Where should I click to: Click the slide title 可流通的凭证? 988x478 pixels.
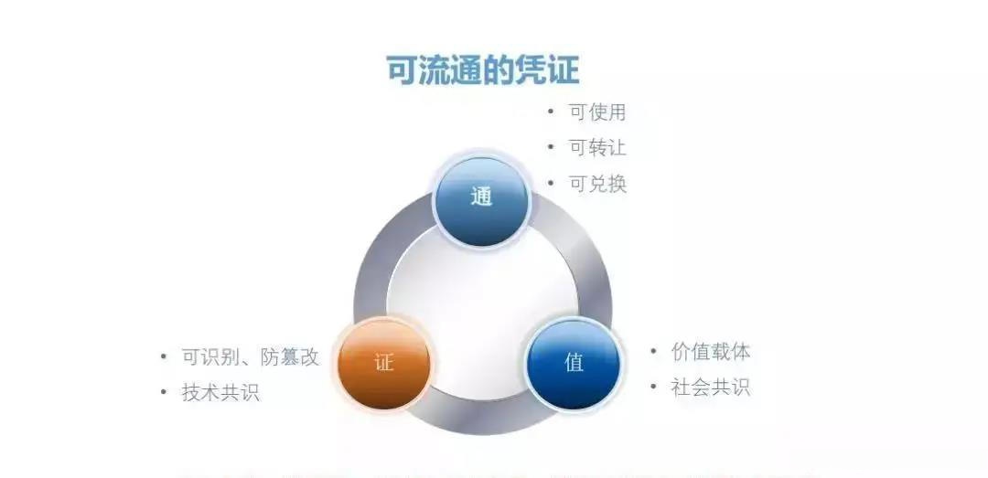coord(482,70)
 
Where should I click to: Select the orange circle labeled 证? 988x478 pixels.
coord(383,363)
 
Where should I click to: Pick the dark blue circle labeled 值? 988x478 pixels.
coord(575,363)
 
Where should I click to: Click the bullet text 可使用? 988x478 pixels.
coord(597,112)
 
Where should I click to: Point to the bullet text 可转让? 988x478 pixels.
coord(597,147)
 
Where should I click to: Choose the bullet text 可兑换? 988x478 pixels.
coord(597,183)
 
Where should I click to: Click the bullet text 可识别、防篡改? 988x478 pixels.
coord(250,357)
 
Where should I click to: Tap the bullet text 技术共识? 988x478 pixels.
coord(220,392)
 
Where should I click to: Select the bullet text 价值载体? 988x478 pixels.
coord(711,352)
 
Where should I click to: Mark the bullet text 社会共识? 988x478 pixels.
coord(711,387)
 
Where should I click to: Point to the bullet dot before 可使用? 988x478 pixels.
coord(551,112)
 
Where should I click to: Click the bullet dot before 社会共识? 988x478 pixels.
coord(654,387)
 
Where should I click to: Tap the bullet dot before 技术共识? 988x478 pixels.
coord(164,392)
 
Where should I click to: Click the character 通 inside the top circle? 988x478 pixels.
coord(482,197)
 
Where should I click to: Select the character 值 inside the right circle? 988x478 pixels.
coord(575,363)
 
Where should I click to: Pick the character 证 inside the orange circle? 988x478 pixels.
coord(383,363)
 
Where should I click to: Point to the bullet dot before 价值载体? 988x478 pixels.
coord(654,351)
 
